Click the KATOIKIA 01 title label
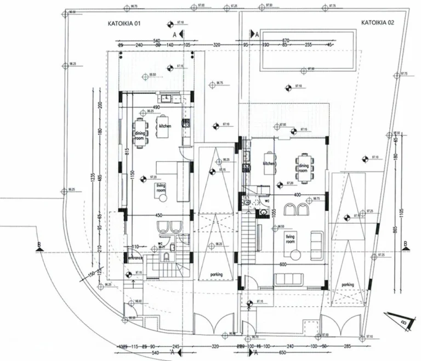click(123, 24)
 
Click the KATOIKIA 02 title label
click(377, 23)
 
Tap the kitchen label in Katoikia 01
click(165, 126)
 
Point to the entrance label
click(135, 257)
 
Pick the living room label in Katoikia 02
click(289, 238)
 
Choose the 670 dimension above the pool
click(285, 41)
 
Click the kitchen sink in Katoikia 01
click(172, 99)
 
